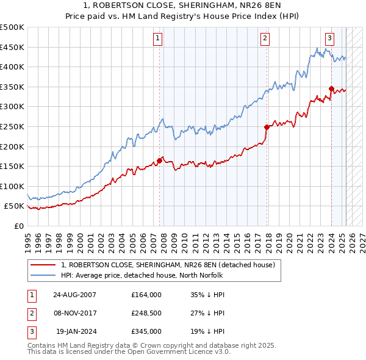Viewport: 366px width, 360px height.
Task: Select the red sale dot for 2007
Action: (160, 160)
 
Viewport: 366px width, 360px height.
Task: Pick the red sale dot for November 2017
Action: (267, 127)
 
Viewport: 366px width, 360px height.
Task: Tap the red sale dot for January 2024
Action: (331, 88)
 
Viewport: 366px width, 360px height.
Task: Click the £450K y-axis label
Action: (12, 47)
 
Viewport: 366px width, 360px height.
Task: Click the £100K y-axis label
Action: (12, 186)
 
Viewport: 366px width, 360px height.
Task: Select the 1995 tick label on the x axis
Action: (27, 237)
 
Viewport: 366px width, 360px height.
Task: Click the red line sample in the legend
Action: (43, 265)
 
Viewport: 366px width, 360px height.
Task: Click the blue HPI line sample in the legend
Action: (43, 275)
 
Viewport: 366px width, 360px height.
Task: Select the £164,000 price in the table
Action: (146, 295)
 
